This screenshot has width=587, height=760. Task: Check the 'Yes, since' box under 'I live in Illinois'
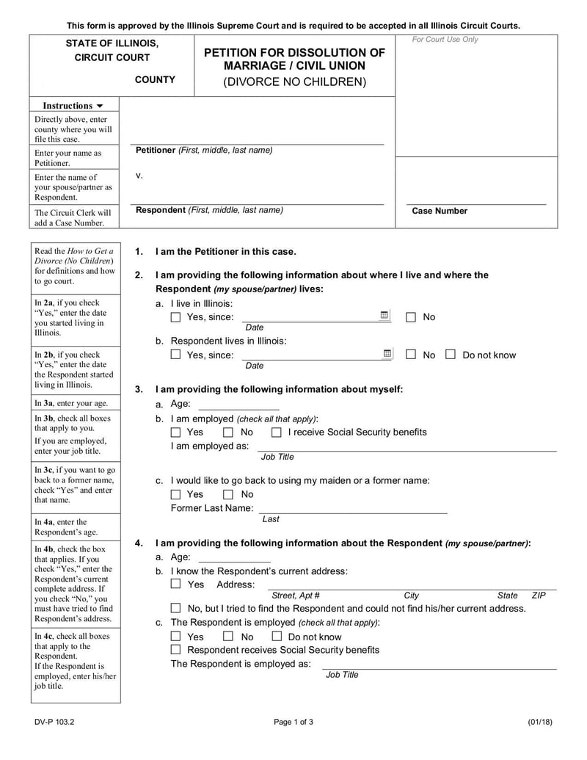coord(175,317)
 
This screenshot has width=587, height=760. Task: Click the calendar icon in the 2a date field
coord(384,316)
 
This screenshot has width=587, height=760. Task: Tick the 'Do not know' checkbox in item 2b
coord(451,355)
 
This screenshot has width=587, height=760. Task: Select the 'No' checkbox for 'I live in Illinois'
coord(411,317)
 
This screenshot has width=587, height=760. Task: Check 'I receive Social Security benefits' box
coord(277,433)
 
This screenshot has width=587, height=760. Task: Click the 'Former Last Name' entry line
coord(352,508)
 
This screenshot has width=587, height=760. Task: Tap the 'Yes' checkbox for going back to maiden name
coord(175,495)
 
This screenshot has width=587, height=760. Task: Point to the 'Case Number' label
coord(440,211)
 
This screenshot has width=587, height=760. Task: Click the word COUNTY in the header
coord(155,80)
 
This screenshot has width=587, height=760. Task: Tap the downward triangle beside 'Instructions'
coord(101,106)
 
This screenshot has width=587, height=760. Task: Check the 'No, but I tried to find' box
coord(175,609)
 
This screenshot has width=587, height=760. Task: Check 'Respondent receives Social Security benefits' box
coord(175,650)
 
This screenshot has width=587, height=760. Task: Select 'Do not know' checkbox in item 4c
coord(277,637)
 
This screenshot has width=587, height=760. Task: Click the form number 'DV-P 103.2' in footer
coord(53,722)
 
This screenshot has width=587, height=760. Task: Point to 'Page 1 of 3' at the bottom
coord(293,722)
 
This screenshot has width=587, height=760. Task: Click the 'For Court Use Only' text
coord(445,40)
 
